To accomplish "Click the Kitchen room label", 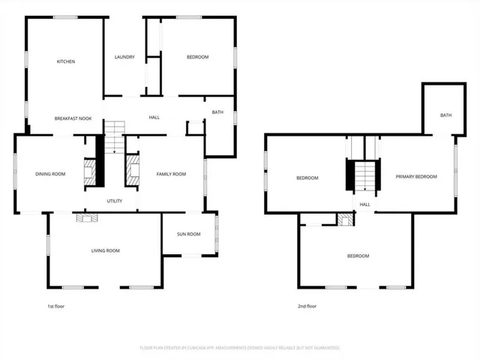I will (x=66, y=61).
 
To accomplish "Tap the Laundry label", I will (x=124, y=58).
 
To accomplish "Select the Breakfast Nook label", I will (x=73, y=118).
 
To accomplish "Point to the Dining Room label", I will (x=50, y=174).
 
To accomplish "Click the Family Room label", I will (x=171, y=174).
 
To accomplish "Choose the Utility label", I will (x=114, y=201).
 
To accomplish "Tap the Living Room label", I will (x=106, y=250).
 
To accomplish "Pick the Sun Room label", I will (x=188, y=234).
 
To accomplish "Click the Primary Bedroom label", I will (x=416, y=176).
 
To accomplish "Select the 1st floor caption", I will (x=55, y=306).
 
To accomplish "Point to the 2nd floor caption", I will (x=307, y=306).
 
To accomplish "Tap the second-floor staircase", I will (x=364, y=177).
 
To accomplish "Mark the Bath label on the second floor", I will (x=445, y=115).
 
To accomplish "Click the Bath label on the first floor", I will (x=217, y=112).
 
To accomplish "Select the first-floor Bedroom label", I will (x=197, y=57).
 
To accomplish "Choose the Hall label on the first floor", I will (x=154, y=117).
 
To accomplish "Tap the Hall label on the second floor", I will (x=365, y=204).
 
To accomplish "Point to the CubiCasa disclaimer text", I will (x=240, y=348).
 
